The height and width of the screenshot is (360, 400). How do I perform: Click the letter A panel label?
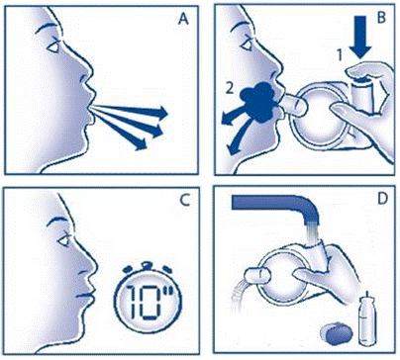[183, 20]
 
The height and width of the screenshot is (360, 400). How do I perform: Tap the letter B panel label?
[381, 17]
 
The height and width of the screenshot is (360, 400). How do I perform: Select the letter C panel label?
[185, 200]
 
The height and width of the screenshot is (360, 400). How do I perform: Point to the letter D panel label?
[382, 199]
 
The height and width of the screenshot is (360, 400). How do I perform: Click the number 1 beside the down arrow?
[341, 56]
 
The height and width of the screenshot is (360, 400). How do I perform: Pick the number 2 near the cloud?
[230, 89]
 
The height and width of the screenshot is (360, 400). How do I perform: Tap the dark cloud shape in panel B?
[258, 102]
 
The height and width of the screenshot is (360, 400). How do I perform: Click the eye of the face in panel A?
[53, 47]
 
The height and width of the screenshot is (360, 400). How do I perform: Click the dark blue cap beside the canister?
[336, 333]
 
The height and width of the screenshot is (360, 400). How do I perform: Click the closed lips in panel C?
[85, 295]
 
